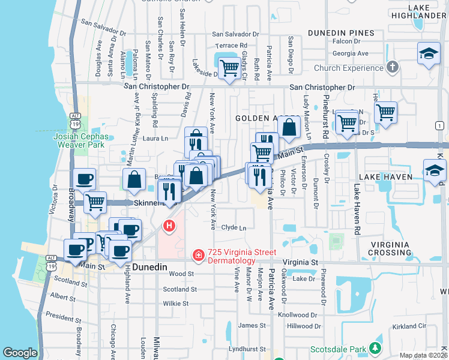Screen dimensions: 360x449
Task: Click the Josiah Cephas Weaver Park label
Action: pyautogui.click(x=81, y=140)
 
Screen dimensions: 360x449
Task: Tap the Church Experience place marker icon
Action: pyautogui.click(x=393, y=67)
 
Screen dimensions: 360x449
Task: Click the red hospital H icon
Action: pyautogui.click(x=169, y=227)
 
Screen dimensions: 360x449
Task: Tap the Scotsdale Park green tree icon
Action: pyautogui.click(x=375, y=347)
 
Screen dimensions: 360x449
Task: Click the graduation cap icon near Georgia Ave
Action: pyautogui.click(x=429, y=53)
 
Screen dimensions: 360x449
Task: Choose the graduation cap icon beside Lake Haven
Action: pyautogui.click(x=435, y=170)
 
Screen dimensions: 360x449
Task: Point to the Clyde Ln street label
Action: pyautogui.click(x=234, y=228)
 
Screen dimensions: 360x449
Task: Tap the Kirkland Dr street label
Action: pyautogui.click(x=408, y=326)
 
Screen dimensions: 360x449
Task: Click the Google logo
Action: pyautogui.click(x=20, y=353)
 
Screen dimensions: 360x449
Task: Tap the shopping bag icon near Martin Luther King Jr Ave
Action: pyautogui.click(x=134, y=179)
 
